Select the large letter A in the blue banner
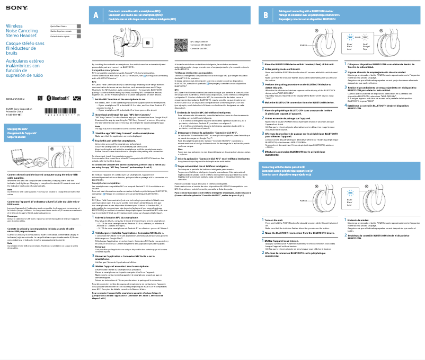point(95,15)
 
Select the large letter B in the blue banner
point(266,15)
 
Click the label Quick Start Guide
point(58,26)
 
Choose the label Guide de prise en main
point(60,31)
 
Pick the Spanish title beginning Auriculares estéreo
point(24,68)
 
